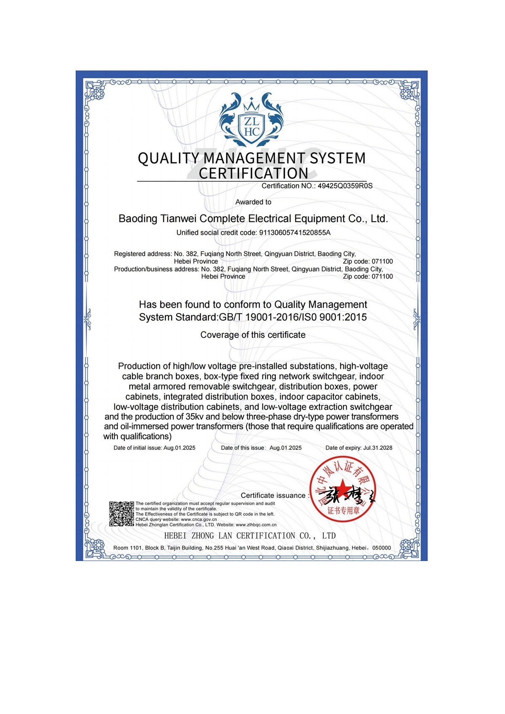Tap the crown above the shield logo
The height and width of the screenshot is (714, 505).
pyautogui.click(x=252, y=104)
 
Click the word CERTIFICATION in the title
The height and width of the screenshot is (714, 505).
pyautogui.click(x=253, y=173)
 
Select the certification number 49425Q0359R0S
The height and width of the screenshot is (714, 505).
pyautogui.click(x=345, y=186)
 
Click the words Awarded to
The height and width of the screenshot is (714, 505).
pyautogui.click(x=253, y=202)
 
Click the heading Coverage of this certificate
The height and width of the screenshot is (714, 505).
pyautogui.click(x=253, y=335)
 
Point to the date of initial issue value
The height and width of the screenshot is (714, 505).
pyautogui.click(x=179, y=448)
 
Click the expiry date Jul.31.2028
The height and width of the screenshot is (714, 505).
pyautogui.click(x=377, y=448)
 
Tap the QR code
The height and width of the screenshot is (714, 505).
pyautogui.click(x=122, y=514)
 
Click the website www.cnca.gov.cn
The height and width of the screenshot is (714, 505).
pyautogui.click(x=199, y=520)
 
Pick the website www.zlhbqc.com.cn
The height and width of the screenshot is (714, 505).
pyautogui.click(x=256, y=525)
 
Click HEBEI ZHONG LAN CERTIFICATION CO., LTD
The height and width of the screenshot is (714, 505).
pyautogui.click(x=250, y=536)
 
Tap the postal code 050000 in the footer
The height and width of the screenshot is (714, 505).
pyautogui.click(x=382, y=548)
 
